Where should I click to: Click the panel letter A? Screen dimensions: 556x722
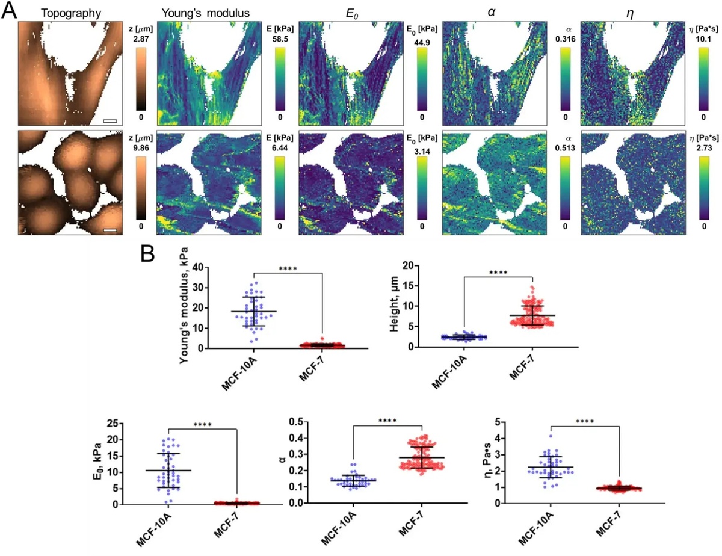(x=10, y=11)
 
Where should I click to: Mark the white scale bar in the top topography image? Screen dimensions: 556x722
(x=110, y=121)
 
